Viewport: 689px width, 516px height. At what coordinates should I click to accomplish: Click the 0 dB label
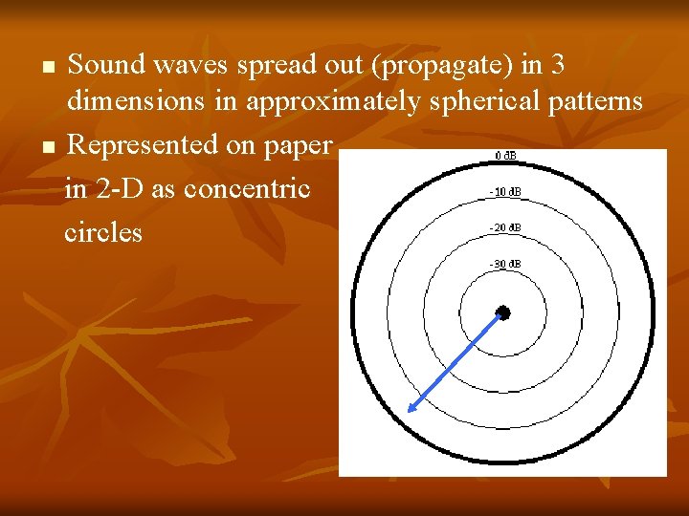click(x=503, y=156)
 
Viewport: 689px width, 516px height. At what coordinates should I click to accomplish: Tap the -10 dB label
click(x=503, y=192)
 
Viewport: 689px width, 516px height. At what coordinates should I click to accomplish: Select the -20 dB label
click(x=503, y=227)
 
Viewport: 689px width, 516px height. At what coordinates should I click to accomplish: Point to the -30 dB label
click(x=503, y=264)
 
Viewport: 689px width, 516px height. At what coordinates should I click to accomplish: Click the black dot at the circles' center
click(x=503, y=312)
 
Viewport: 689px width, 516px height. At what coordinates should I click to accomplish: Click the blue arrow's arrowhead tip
click(x=409, y=411)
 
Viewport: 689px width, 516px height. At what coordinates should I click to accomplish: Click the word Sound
click(x=106, y=65)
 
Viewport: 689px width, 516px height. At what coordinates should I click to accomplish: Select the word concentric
click(x=247, y=188)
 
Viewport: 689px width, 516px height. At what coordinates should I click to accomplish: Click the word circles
click(x=103, y=231)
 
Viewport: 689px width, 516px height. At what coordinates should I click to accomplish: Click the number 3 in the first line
click(x=558, y=65)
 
